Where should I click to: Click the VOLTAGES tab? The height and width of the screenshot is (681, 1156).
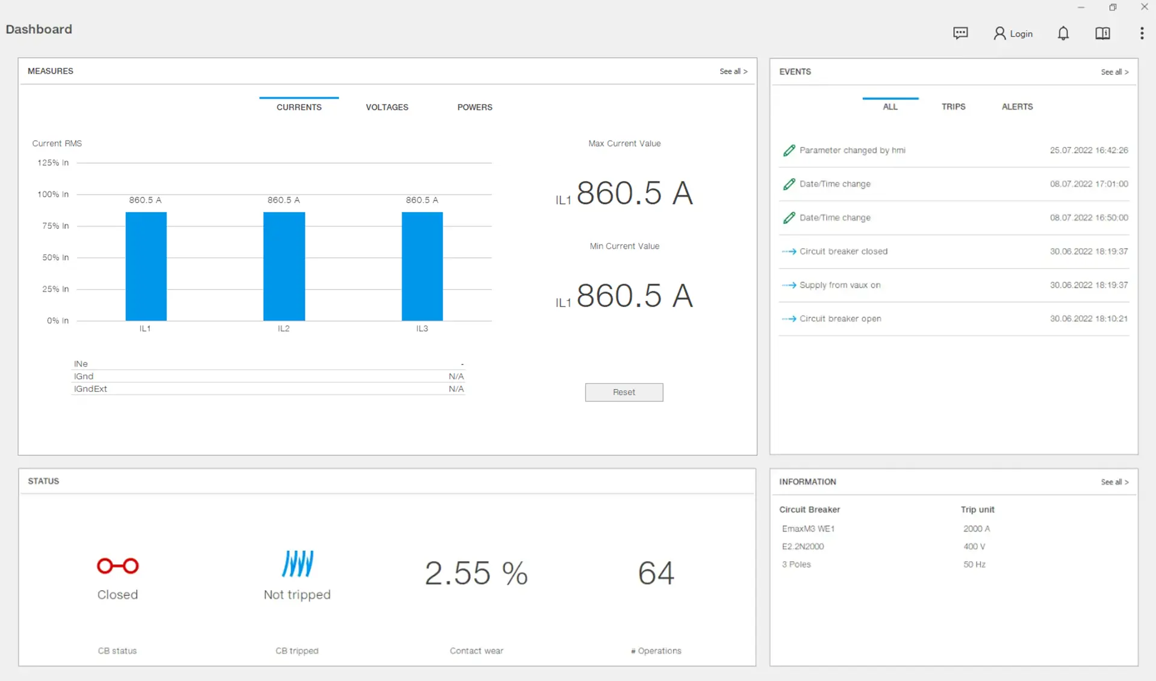click(x=387, y=107)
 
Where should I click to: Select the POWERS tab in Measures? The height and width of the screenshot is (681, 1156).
click(x=474, y=107)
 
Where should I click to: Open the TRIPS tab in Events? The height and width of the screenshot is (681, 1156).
click(x=953, y=107)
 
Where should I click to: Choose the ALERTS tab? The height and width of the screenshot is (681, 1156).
click(x=1017, y=107)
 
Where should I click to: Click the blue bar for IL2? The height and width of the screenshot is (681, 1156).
click(x=284, y=266)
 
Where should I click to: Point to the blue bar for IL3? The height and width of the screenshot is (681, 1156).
click(x=422, y=266)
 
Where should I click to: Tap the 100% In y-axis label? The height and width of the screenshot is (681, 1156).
click(x=53, y=194)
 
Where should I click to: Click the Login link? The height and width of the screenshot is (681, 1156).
click(x=1013, y=34)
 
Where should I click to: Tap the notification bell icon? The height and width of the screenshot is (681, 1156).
click(x=1063, y=34)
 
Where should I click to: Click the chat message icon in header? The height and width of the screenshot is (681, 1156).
click(x=960, y=33)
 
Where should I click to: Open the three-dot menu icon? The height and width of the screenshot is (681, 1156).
click(x=1142, y=33)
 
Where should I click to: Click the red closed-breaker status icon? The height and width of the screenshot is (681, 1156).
click(x=118, y=566)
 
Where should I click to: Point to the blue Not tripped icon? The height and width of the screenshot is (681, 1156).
click(x=297, y=564)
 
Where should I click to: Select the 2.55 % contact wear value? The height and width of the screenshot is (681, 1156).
click(x=476, y=573)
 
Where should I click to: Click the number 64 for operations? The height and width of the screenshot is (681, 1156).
click(x=656, y=573)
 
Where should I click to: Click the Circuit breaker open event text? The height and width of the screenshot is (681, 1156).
click(x=840, y=319)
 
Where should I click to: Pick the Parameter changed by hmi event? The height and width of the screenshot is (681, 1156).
click(x=852, y=150)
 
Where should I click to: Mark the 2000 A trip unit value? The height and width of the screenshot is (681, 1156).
click(x=976, y=529)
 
